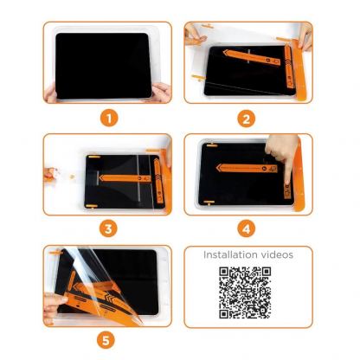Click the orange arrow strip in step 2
coord(260,62)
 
